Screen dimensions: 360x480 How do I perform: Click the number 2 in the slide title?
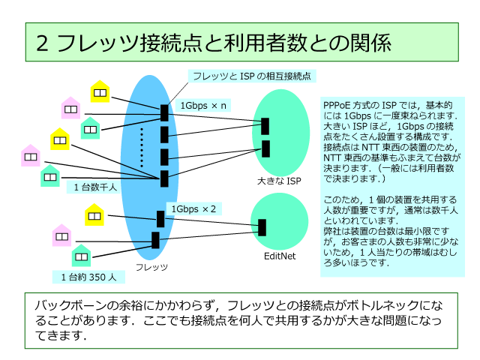[43, 43]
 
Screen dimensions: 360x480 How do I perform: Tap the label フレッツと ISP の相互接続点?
[252, 76]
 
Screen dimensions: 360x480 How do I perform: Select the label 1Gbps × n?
[202, 106]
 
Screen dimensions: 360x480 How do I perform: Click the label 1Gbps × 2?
[193, 208]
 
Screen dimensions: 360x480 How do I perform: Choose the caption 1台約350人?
[88, 277]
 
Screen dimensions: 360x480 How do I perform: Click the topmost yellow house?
[100, 91]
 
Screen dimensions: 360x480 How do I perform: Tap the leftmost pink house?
[31, 155]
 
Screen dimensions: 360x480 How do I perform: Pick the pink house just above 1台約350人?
[61, 235]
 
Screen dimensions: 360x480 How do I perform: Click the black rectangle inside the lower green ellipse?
[262, 227]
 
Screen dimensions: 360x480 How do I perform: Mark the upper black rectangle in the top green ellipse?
[265, 126]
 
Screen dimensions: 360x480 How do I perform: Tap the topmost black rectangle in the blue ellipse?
[164, 112]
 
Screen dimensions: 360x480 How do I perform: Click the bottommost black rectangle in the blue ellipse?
[155, 240]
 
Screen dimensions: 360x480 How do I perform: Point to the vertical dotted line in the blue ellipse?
[141, 147]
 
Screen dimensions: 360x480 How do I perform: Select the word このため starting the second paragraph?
[338, 199]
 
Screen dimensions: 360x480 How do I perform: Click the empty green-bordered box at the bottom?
[241, 320]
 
